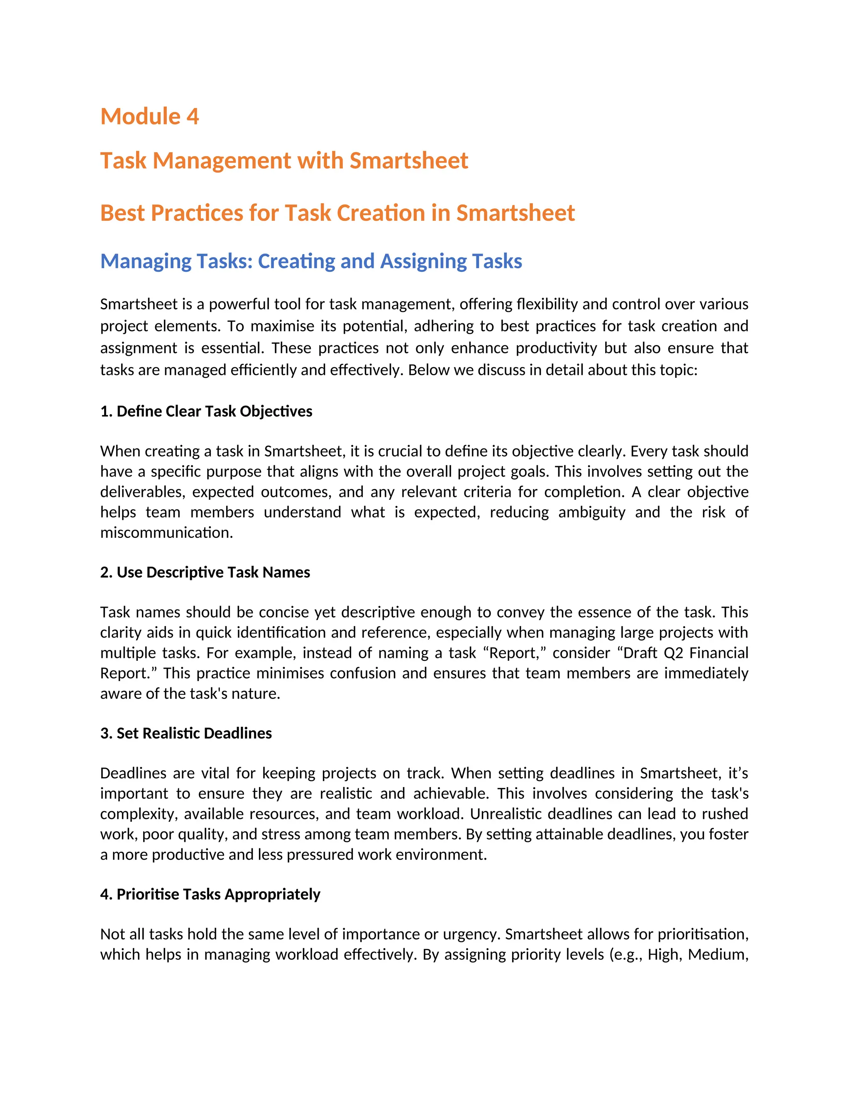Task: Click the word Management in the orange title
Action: [222, 161]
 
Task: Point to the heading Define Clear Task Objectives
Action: [206, 411]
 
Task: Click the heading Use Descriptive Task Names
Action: [205, 573]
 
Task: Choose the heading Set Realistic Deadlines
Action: [186, 733]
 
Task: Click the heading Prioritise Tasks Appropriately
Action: [210, 895]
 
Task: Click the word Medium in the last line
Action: [717, 955]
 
